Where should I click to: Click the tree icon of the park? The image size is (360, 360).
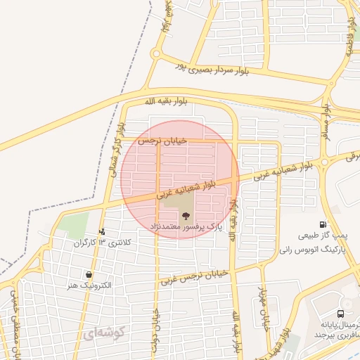185,217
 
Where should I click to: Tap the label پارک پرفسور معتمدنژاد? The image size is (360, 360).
185,228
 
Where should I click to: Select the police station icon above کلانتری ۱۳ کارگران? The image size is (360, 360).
103,231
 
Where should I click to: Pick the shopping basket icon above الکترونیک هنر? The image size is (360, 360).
89,274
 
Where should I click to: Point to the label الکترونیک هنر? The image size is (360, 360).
89,285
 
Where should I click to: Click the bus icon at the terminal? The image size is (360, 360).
340,314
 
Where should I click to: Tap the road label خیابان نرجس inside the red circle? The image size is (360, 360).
162,141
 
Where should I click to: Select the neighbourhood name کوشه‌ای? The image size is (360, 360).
103,333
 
